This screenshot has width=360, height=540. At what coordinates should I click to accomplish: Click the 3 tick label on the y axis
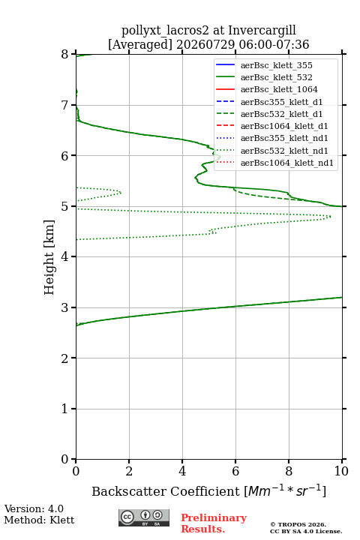[x=64, y=307]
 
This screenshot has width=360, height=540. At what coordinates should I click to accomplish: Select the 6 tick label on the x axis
[x=235, y=471]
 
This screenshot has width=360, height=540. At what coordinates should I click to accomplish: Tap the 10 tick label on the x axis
[x=341, y=471]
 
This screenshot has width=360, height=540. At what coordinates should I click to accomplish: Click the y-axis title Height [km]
[x=49, y=257]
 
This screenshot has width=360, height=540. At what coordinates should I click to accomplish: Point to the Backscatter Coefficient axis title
[x=208, y=490]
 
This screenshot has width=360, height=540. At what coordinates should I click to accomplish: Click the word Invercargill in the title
[x=262, y=31]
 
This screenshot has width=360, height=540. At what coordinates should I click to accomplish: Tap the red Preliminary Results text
[x=214, y=523]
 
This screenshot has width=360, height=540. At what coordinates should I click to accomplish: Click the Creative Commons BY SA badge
[x=144, y=517]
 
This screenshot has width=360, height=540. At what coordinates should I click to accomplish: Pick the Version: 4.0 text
[x=34, y=508]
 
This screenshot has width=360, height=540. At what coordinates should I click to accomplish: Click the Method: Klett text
[x=39, y=520]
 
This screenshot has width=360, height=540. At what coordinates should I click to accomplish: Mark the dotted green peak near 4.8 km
[x=330, y=217]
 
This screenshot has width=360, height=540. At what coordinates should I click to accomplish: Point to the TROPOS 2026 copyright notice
[x=298, y=524]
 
